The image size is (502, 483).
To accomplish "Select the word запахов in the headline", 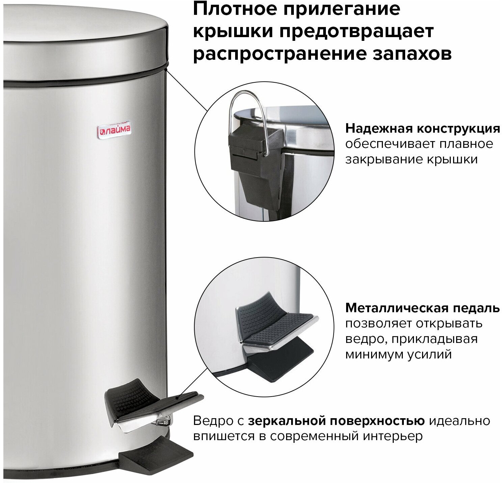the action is [412, 54].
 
